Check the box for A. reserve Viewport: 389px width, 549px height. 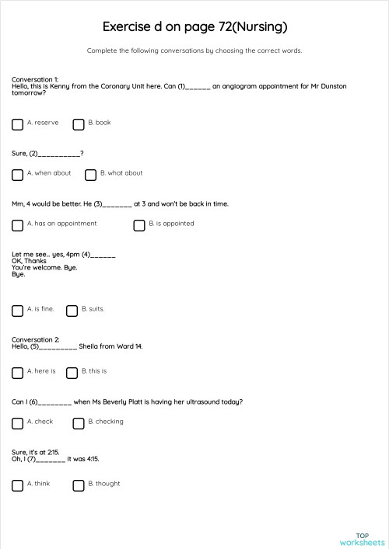click(17, 124)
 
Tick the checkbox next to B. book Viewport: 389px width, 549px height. click(78, 124)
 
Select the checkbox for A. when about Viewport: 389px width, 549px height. click(17, 175)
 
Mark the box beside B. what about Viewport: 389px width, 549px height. click(90, 175)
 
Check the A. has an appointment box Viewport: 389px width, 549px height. click(17, 225)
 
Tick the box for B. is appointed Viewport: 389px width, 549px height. click(139, 225)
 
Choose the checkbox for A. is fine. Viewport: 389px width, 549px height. click(17, 311)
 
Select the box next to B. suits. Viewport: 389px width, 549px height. click(72, 311)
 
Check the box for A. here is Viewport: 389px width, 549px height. click(17, 373)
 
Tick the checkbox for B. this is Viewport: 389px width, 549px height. click(72, 373)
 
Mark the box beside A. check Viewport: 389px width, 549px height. click(17, 423)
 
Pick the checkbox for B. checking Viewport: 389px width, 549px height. click(78, 423)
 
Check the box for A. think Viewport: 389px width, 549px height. click(17, 485)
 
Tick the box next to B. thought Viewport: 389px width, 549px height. click(78, 485)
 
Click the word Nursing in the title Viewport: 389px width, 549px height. click(259, 27)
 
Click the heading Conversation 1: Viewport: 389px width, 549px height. click(35, 79)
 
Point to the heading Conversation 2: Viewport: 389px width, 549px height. click(35, 339)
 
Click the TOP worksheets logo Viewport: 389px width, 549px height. click(362, 539)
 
